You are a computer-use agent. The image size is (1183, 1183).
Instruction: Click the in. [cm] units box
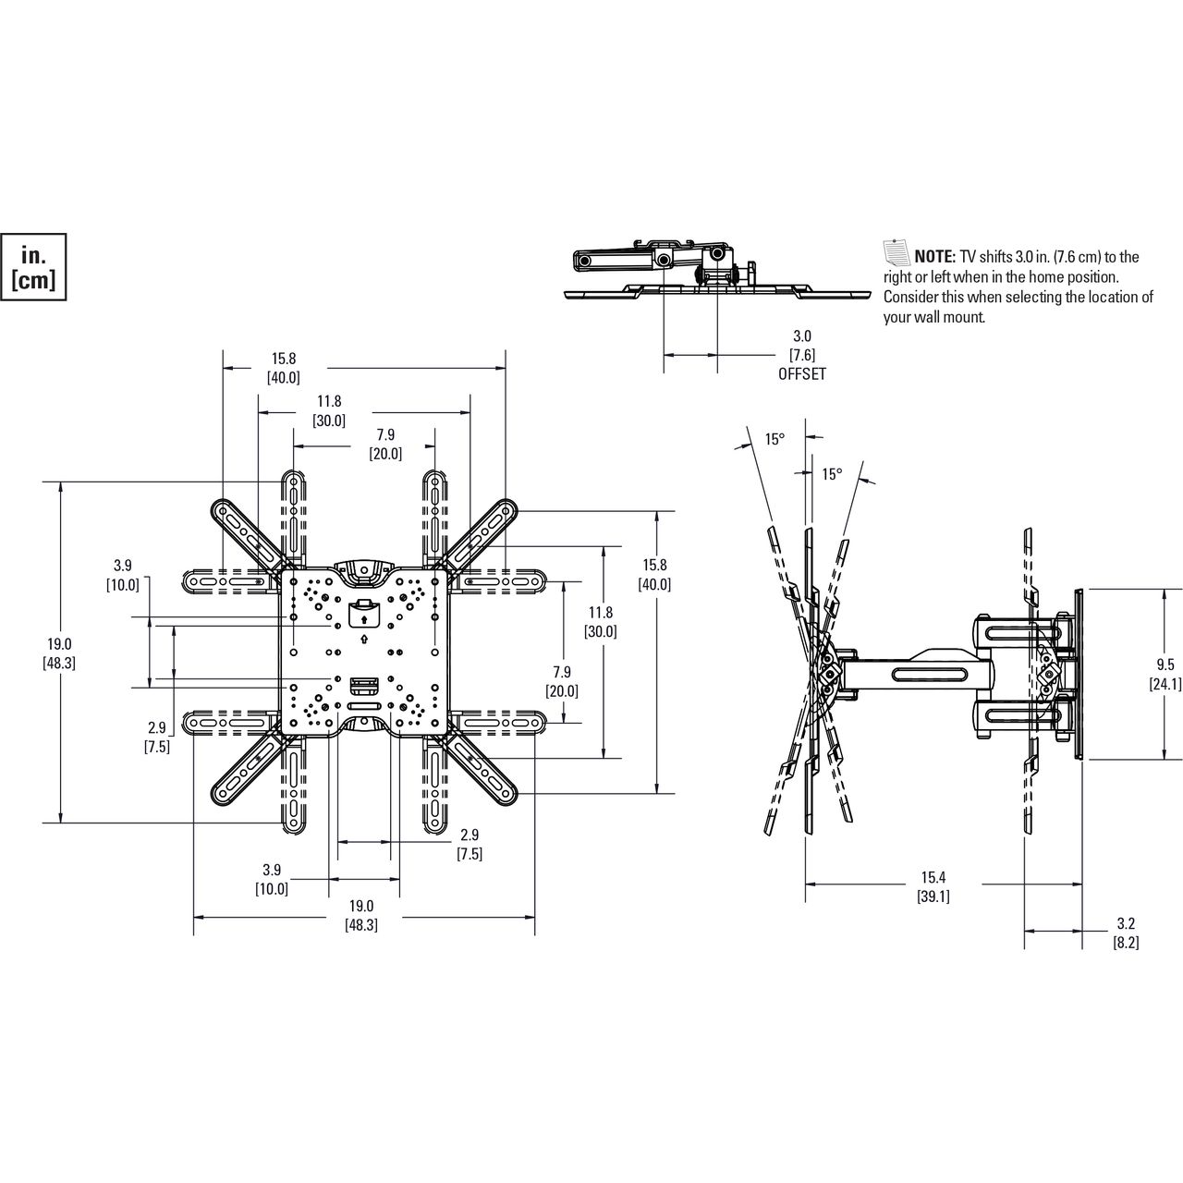coord(33,267)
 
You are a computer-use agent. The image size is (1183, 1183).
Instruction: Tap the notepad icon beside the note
coord(896,252)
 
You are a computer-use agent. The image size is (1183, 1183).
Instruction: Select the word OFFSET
coord(802,374)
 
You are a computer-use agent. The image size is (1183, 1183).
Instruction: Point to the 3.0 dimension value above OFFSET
coord(802,335)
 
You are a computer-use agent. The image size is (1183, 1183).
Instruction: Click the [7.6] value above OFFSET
coord(802,355)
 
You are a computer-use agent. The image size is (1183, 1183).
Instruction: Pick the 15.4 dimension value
coord(933,878)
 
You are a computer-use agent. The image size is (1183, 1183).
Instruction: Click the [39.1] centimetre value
coord(933,896)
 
